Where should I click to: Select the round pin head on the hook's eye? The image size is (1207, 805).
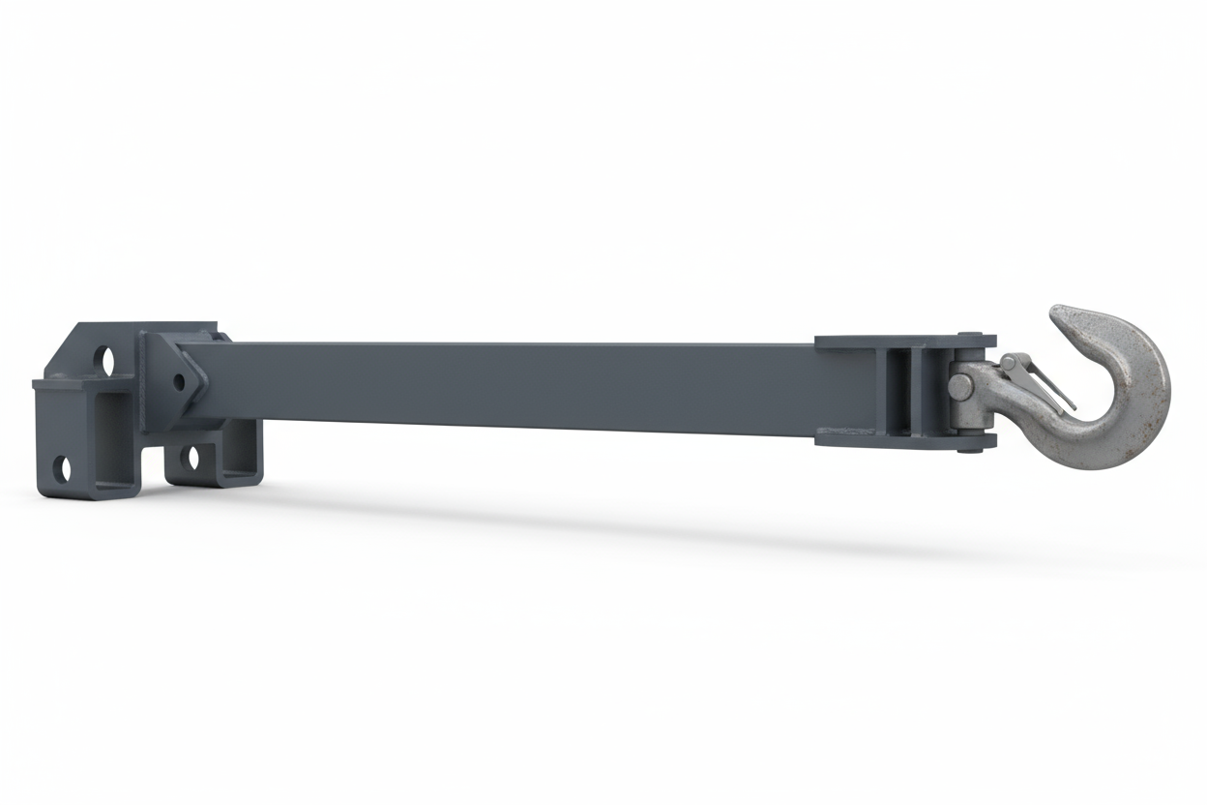(960, 386)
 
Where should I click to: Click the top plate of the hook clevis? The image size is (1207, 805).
(904, 342)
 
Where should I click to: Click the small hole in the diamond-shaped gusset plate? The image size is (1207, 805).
(180, 381)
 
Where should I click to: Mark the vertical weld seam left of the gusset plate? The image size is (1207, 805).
(141, 382)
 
